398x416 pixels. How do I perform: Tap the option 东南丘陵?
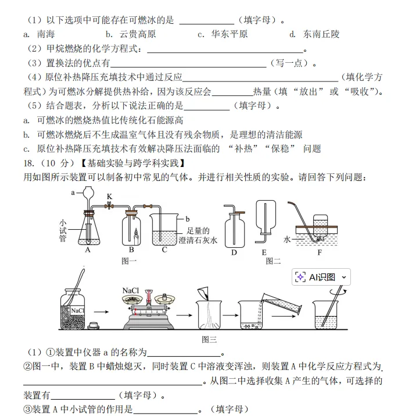point(321,34)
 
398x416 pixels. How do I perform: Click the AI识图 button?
point(321,277)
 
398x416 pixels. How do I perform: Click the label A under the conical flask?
point(88,250)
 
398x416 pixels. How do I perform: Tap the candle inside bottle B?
point(136,234)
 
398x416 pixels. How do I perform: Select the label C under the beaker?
point(164,250)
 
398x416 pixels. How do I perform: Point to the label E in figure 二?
point(264,252)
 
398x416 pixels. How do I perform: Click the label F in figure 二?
point(319,252)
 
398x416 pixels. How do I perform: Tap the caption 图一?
point(129,261)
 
